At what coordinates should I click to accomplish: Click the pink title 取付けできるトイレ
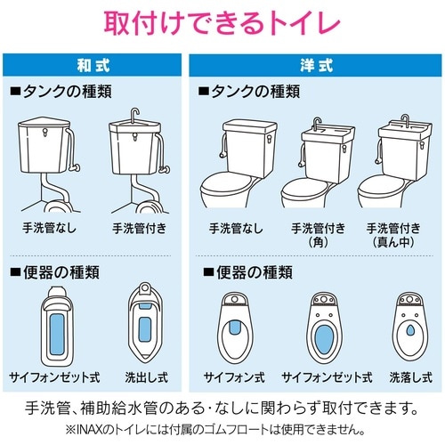(x=222, y=21)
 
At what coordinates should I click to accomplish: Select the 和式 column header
(x=93, y=65)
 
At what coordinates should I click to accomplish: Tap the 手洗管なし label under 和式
(x=49, y=228)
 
